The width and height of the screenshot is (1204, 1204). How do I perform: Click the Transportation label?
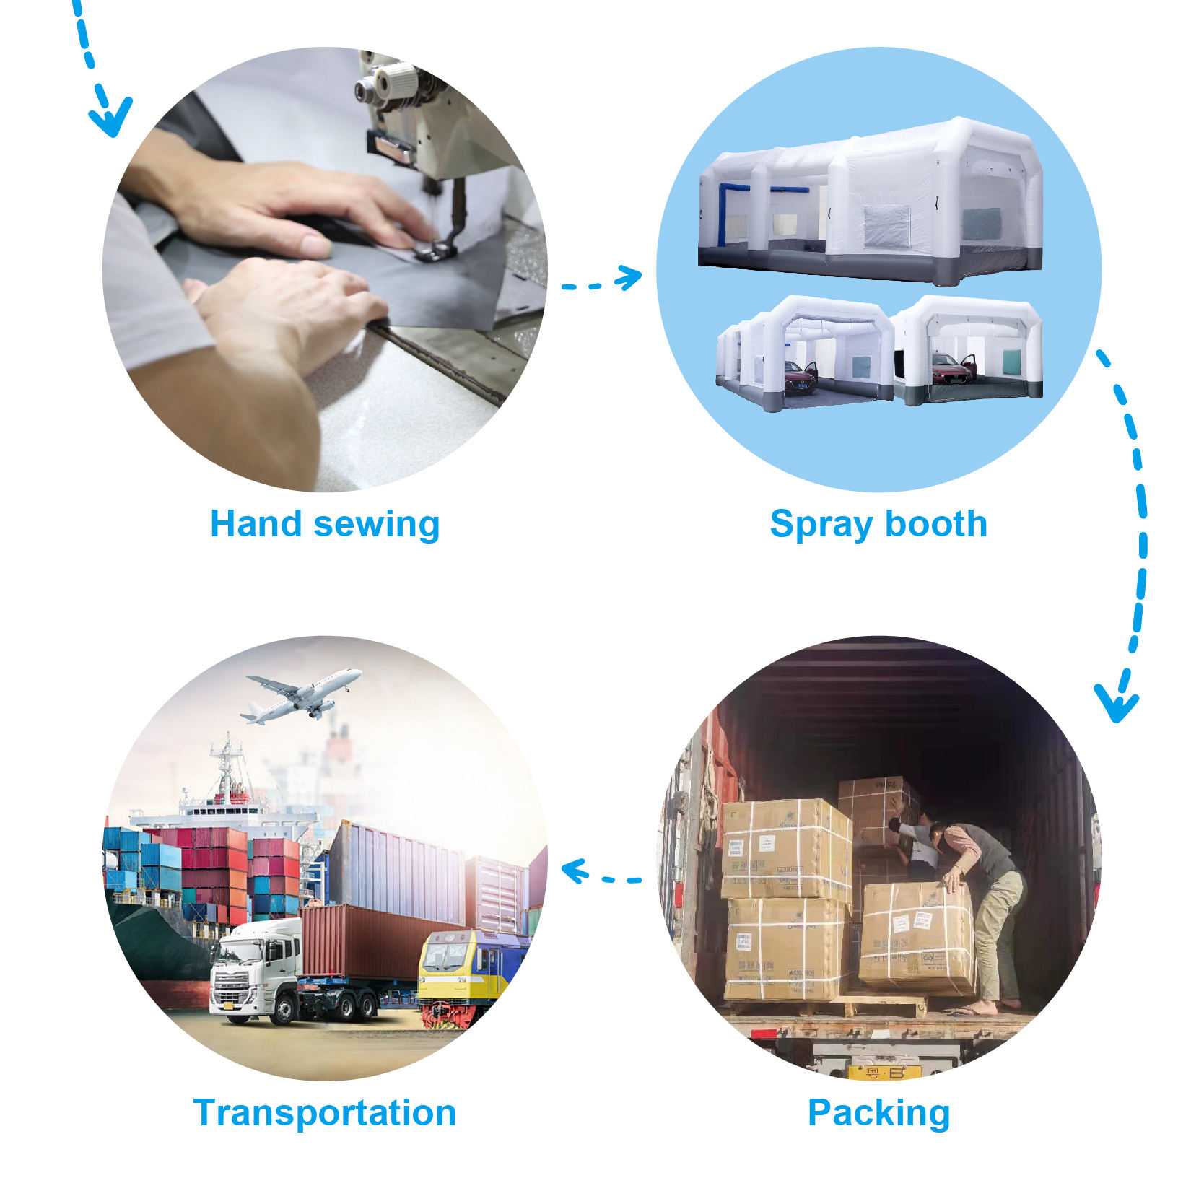[x=325, y=1112]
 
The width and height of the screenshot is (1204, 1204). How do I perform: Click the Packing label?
[x=878, y=1114]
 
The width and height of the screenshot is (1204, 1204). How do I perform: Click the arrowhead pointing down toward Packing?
[x=1116, y=702]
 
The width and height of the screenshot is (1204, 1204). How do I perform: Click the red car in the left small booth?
[x=799, y=377]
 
